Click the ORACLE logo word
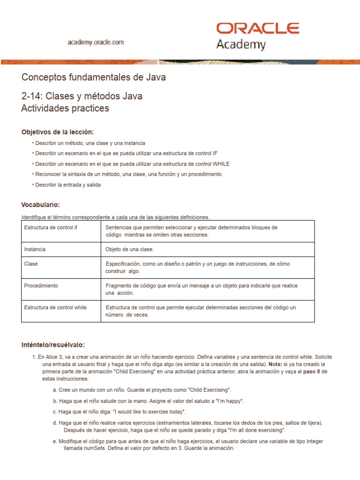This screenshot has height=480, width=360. pos(258,28)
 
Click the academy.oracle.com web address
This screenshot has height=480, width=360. pos(96,42)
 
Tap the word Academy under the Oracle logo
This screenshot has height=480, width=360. pos(240,45)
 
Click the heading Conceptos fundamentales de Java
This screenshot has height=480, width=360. pos(93,77)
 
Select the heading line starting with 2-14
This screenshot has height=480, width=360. pos(82,96)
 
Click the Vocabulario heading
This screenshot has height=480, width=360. pos(41,205)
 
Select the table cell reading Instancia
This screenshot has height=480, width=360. pos(35,249)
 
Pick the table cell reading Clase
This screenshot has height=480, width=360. pos(31,264)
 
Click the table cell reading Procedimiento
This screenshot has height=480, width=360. pos(41,285)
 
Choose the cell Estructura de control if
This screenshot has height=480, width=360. pos(51,227)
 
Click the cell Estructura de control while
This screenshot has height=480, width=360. pos(55,307)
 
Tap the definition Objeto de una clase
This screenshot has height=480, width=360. pos(130,249)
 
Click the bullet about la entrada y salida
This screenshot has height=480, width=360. pos(68,185)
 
